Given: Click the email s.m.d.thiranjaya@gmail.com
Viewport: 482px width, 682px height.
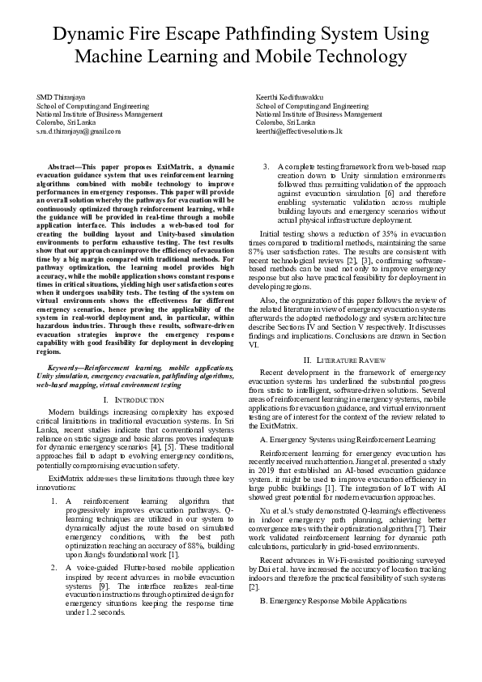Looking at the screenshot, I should click(x=79, y=130).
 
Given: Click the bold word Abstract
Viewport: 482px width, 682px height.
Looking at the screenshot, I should click(x=68, y=165).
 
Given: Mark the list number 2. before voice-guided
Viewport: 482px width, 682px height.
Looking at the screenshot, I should click(x=54, y=568).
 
